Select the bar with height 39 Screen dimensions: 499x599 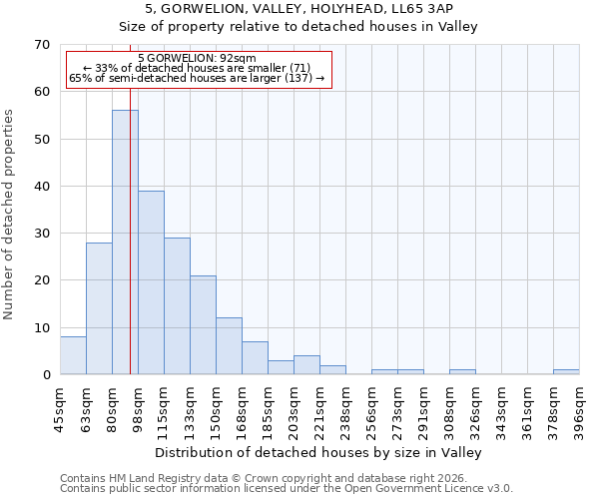tap(151, 282)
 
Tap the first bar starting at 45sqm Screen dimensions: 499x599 tap(73, 355)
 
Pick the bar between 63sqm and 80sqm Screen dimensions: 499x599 tap(99, 308)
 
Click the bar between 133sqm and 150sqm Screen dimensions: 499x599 tap(203, 324)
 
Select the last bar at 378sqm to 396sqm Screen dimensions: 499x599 tap(566, 372)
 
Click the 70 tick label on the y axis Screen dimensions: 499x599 tap(41, 45)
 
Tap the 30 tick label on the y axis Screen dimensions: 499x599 tap(41, 234)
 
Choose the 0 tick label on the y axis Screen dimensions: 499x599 tap(45, 375)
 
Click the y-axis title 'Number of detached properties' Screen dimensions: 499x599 tap(10, 215)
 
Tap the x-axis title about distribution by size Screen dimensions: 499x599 tap(318, 453)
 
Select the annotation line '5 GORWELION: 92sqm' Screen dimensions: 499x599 tap(197, 59)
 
